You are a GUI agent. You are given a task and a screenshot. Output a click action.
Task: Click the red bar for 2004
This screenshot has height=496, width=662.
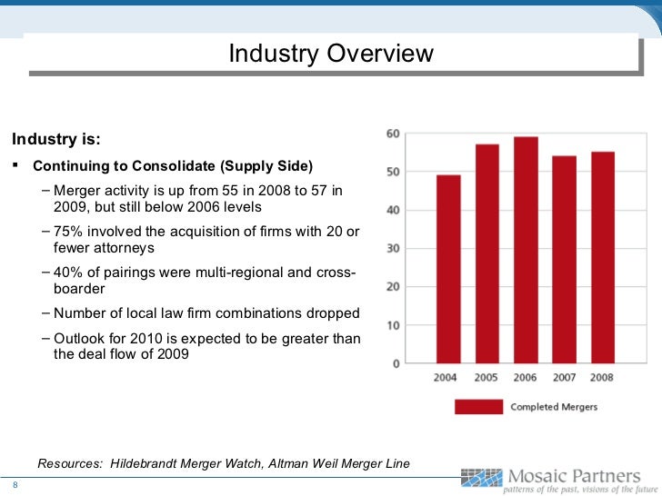[448, 269]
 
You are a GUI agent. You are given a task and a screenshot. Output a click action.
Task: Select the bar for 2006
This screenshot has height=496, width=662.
[526, 250]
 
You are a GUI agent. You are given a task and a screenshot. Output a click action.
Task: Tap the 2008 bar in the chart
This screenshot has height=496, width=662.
[603, 257]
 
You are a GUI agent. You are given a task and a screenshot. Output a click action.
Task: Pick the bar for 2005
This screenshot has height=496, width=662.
[487, 253]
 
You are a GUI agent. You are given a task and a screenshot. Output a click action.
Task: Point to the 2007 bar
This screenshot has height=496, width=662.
[565, 260]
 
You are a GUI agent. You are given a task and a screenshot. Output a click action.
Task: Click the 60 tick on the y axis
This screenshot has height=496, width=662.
[393, 134]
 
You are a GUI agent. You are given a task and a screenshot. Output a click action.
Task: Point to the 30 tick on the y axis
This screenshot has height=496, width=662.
[393, 248]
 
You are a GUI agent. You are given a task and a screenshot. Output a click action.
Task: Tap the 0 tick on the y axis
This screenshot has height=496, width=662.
[396, 363]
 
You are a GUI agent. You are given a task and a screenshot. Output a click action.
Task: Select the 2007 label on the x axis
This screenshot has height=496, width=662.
[565, 377]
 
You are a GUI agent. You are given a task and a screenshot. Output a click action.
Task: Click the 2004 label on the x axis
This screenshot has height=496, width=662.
[445, 377]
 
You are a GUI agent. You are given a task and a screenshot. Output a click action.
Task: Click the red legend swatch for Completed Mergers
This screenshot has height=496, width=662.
[478, 407]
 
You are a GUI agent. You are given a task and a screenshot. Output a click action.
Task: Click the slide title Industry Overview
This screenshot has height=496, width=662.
[331, 53]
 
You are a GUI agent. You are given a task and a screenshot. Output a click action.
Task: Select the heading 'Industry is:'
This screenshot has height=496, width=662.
[56, 139]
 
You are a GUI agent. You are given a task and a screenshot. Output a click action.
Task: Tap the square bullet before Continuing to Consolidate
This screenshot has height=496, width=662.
[15, 165]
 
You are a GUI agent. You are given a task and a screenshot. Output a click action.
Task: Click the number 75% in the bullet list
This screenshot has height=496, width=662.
[68, 231]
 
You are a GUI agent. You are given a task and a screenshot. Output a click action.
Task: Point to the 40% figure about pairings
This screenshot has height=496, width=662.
[68, 272]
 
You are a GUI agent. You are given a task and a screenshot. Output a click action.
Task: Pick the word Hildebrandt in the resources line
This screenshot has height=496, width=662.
[143, 463]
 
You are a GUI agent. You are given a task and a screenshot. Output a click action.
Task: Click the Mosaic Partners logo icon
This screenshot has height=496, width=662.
[482, 478]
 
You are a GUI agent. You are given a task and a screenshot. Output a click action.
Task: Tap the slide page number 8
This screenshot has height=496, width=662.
[15, 484]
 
